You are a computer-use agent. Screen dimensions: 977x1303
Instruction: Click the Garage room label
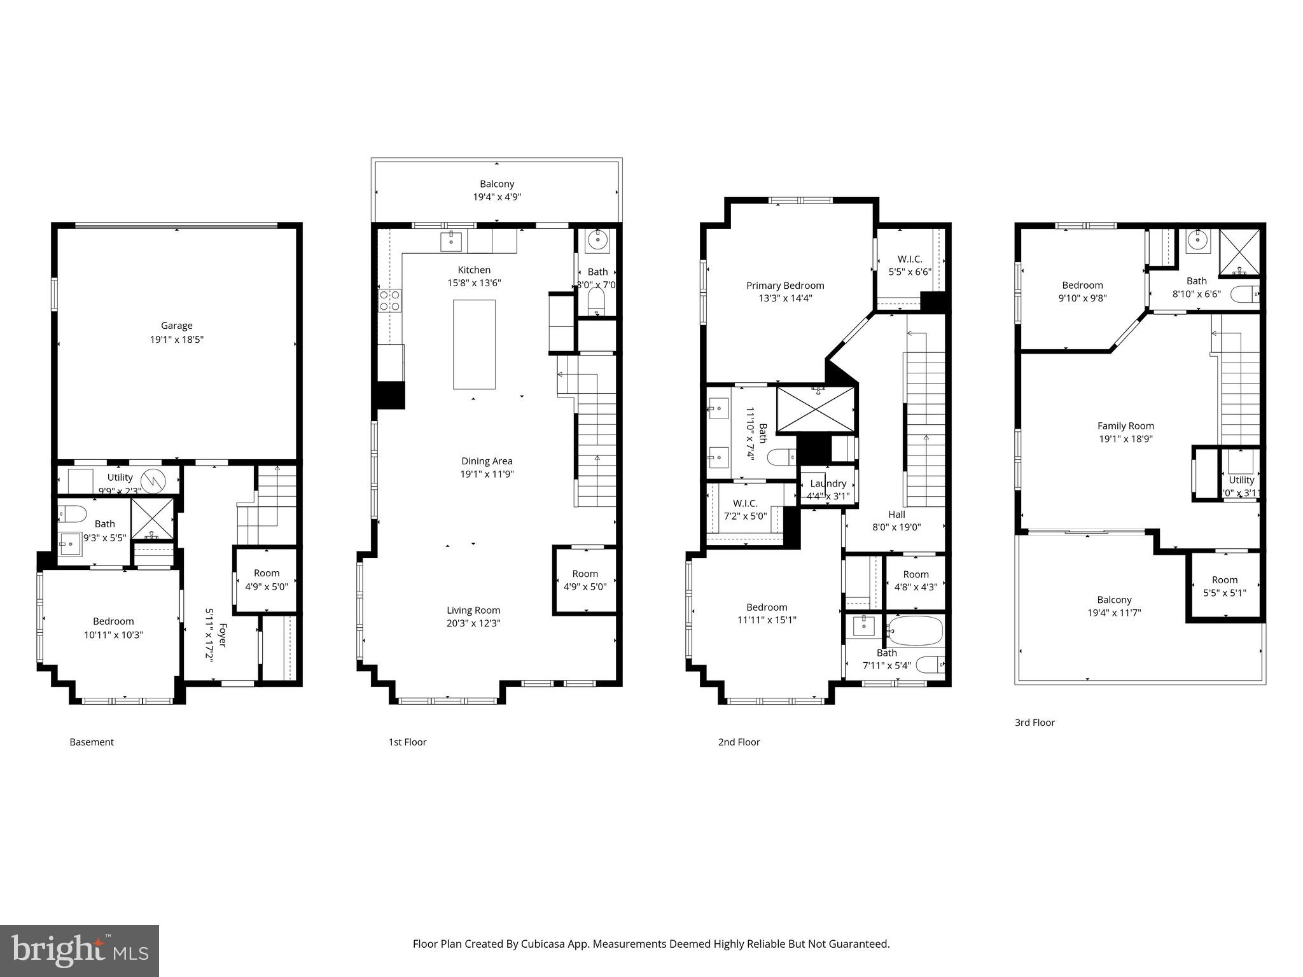[176, 326]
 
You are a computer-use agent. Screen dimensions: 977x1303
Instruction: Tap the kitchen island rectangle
[474, 344]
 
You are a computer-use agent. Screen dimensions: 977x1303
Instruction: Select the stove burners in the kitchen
[390, 300]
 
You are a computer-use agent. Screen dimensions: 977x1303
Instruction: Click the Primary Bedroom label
[785, 286]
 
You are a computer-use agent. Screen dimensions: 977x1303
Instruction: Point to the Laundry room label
[828, 483]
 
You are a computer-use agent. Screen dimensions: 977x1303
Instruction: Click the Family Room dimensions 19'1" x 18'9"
[1125, 439]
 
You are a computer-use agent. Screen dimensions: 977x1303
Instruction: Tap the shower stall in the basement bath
[152, 518]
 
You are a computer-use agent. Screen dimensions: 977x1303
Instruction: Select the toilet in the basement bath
[73, 513]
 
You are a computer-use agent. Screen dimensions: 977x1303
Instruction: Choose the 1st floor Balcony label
[497, 184]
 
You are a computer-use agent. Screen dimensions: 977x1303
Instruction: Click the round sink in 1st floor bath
[597, 240]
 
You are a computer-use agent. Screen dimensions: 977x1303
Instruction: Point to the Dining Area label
[487, 461]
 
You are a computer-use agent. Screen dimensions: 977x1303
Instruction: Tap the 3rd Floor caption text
[1035, 723]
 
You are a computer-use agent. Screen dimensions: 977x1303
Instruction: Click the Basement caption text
[92, 742]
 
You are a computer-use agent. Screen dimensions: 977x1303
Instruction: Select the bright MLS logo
[80, 951]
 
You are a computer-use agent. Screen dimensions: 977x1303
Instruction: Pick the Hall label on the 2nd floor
[896, 514]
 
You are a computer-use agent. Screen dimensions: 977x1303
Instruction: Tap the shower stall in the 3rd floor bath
[1239, 253]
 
